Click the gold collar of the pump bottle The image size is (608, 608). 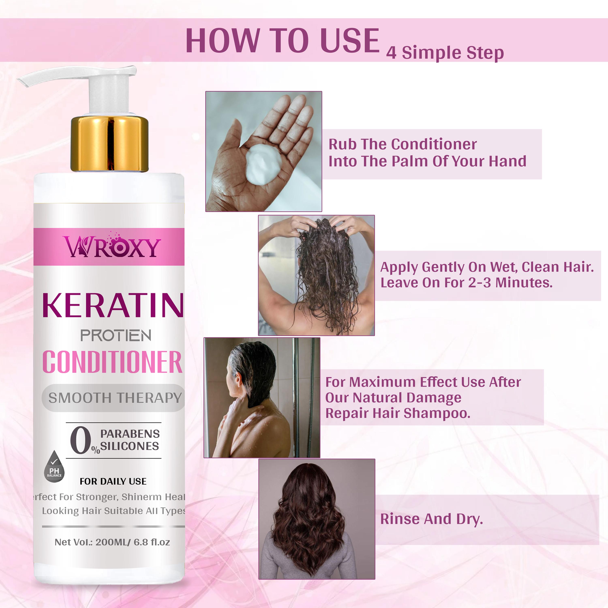click(x=109, y=143)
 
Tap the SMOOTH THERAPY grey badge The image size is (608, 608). click(x=113, y=398)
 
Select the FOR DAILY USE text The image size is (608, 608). click(x=113, y=481)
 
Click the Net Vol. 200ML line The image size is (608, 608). click(x=112, y=542)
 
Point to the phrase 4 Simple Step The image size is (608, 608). click(x=445, y=53)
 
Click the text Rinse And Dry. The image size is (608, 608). click(x=431, y=519)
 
